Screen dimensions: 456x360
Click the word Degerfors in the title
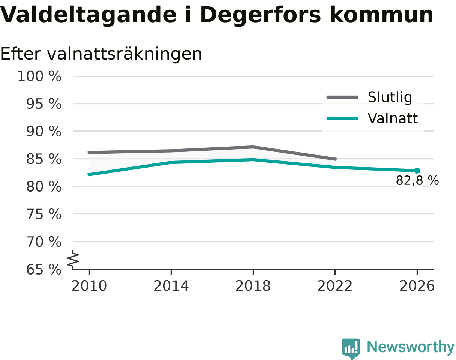260,15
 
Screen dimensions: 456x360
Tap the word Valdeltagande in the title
88,15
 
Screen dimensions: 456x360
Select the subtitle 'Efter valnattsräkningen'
101,54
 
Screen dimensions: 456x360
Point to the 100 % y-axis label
40,76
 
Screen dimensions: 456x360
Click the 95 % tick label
44,104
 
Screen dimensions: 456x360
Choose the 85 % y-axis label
44,159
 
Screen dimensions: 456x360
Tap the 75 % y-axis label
44,214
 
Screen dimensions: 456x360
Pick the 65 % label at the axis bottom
44,270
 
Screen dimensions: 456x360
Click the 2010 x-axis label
89,286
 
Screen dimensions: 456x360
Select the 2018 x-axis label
253,286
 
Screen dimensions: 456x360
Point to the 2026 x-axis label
417,286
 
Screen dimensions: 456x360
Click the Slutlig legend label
390,97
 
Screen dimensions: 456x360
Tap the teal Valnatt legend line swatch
342,118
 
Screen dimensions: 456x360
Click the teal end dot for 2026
417,171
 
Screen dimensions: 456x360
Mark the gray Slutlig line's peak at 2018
253,147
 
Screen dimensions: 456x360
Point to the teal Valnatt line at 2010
88,175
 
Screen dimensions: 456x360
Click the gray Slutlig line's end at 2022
336,159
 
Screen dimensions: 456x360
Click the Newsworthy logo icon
351,347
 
